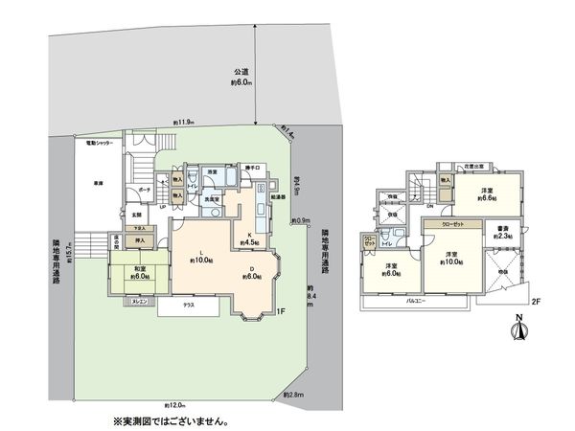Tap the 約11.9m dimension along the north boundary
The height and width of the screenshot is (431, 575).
[184, 123]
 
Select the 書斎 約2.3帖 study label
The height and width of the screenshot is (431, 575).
[503, 233]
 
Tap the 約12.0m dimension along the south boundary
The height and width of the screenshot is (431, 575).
[173, 405]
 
